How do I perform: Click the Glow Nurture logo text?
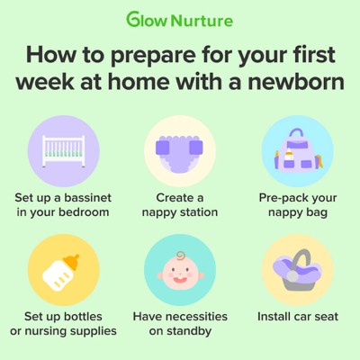pyautogui.click(x=179, y=18)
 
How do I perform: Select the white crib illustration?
pyautogui.click(x=63, y=148)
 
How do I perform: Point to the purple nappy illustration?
pyautogui.click(x=180, y=149)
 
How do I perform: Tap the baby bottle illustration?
pyautogui.click(x=62, y=268)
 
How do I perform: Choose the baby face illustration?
pyautogui.click(x=180, y=269)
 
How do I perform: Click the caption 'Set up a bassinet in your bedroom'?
pyautogui.click(x=63, y=203)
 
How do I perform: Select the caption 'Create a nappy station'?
pyautogui.click(x=180, y=203)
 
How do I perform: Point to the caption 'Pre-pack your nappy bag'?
pyautogui.click(x=296, y=203)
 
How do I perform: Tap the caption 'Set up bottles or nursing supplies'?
pyautogui.click(x=63, y=323)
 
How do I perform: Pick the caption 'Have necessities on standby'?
pyautogui.click(x=180, y=323)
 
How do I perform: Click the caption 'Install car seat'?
pyautogui.click(x=296, y=316)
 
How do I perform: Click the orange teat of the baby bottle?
pyautogui.click(x=73, y=256)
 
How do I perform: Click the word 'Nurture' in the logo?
pyautogui.click(x=207, y=18)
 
